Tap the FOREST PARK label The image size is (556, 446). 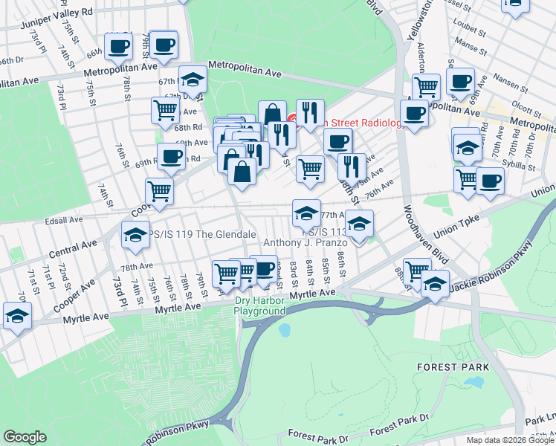(453, 367)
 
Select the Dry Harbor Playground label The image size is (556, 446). (259, 306)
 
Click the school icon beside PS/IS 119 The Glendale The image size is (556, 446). (135, 235)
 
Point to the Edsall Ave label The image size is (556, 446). (64, 220)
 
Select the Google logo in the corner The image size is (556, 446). (25, 437)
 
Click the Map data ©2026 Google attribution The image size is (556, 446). (510, 439)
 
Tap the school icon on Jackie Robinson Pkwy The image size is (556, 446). (435, 284)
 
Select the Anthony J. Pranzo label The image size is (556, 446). (306, 243)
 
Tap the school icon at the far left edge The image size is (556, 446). (16, 315)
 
